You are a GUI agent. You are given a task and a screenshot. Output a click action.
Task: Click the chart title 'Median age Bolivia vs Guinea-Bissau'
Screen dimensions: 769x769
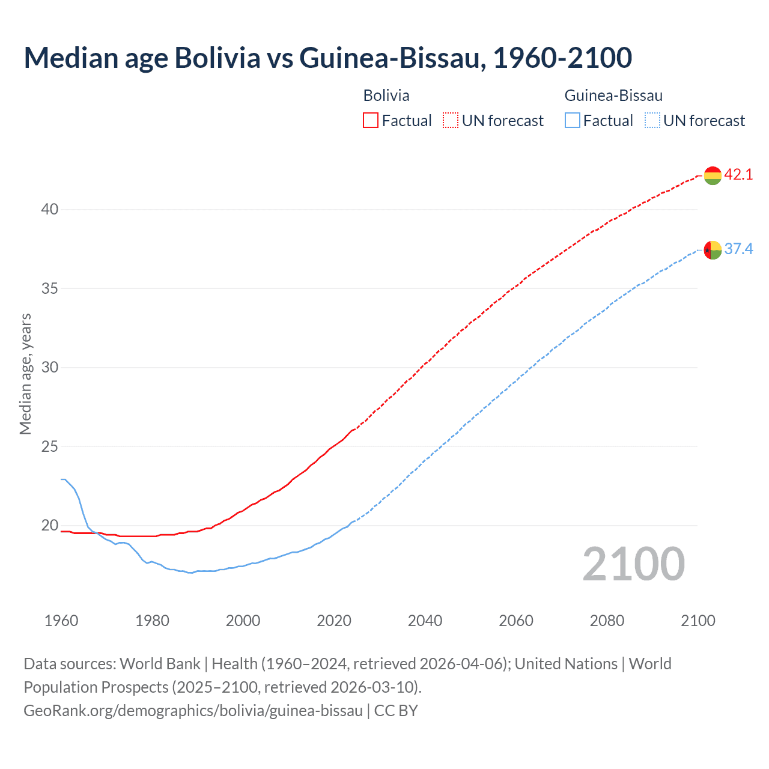[x=327, y=58]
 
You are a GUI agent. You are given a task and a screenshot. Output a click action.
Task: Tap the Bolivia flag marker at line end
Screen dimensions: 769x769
[x=712, y=175]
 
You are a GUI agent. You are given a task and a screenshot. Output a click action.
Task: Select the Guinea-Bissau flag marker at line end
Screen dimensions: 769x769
[x=712, y=249]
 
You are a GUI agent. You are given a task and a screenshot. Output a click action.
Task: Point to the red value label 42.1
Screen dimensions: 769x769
[x=738, y=175]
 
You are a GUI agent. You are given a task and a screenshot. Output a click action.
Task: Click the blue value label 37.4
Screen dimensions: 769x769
[x=738, y=249]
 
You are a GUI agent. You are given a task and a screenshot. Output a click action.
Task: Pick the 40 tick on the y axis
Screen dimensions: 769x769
[x=50, y=210]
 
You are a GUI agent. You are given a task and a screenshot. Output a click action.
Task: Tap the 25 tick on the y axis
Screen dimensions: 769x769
[x=50, y=447]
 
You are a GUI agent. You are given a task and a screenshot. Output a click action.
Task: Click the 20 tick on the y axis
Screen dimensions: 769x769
[x=50, y=526]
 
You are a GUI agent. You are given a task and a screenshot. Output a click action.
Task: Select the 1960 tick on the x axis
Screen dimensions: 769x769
[x=61, y=621]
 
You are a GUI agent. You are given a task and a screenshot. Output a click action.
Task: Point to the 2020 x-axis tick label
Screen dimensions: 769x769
[x=334, y=621]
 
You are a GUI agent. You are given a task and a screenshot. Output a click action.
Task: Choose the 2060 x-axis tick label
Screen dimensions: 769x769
[x=516, y=621]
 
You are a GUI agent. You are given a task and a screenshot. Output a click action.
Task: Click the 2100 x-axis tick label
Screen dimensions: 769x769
[x=698, y=621]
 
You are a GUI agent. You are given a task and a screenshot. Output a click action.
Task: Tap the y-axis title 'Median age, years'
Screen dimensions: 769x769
[x=26, y=374]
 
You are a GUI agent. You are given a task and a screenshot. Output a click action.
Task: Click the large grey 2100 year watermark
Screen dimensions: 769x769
[x=633, y=564]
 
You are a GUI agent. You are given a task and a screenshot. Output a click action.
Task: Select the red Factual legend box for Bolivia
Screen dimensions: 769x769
[x=371, y=121]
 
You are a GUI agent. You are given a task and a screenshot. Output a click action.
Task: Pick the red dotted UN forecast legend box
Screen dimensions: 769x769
[x=451, y=121]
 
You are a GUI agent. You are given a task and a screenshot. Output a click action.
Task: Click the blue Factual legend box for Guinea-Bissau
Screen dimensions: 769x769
[x=573, y=121]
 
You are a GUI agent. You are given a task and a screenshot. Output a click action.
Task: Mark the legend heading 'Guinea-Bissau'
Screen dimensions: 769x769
[x=613, y=96]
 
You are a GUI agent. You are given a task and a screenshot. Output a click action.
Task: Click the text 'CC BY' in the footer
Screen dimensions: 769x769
[x=396, y=711]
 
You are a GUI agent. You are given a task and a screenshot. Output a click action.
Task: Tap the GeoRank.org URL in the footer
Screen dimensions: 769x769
[x=193, y=711]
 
